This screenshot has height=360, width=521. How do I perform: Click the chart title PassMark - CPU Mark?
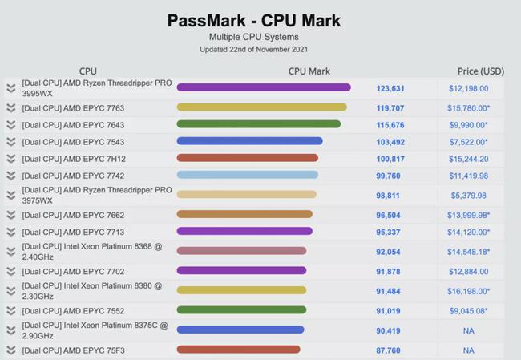[254, 21]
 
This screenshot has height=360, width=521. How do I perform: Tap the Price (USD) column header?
[481, 71]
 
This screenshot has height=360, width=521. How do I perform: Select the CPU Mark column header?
[309, 71]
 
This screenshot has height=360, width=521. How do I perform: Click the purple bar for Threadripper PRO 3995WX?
[264, 87]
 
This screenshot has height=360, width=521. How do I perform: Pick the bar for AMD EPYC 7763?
[261, 107]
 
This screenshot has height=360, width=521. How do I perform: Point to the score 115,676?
[390, 125]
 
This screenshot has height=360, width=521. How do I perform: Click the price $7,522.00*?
[468, 142]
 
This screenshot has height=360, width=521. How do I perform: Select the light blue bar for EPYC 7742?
[247, 175]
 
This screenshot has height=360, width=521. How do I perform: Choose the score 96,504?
[390, 216]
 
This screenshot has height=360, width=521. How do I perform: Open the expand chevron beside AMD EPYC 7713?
[11, 233]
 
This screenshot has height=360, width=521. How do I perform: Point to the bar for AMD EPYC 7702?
[241, 272]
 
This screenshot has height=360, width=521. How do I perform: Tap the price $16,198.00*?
[468, 291]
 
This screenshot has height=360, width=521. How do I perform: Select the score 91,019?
[390, 310]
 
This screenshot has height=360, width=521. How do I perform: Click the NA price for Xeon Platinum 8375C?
[468, 330]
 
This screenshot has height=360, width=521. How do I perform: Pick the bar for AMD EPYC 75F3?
[238, 350]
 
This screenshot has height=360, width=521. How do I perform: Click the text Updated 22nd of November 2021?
[253, 50]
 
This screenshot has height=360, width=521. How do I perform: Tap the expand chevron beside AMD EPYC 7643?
[11, 125]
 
